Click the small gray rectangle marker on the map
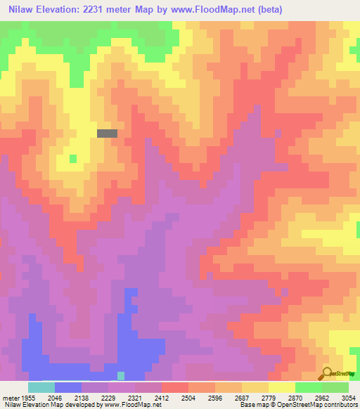point(107,132)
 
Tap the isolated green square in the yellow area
point(73,158)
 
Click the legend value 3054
point(349,397)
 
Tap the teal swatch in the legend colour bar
point(41,387)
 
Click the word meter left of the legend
point(11,397)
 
